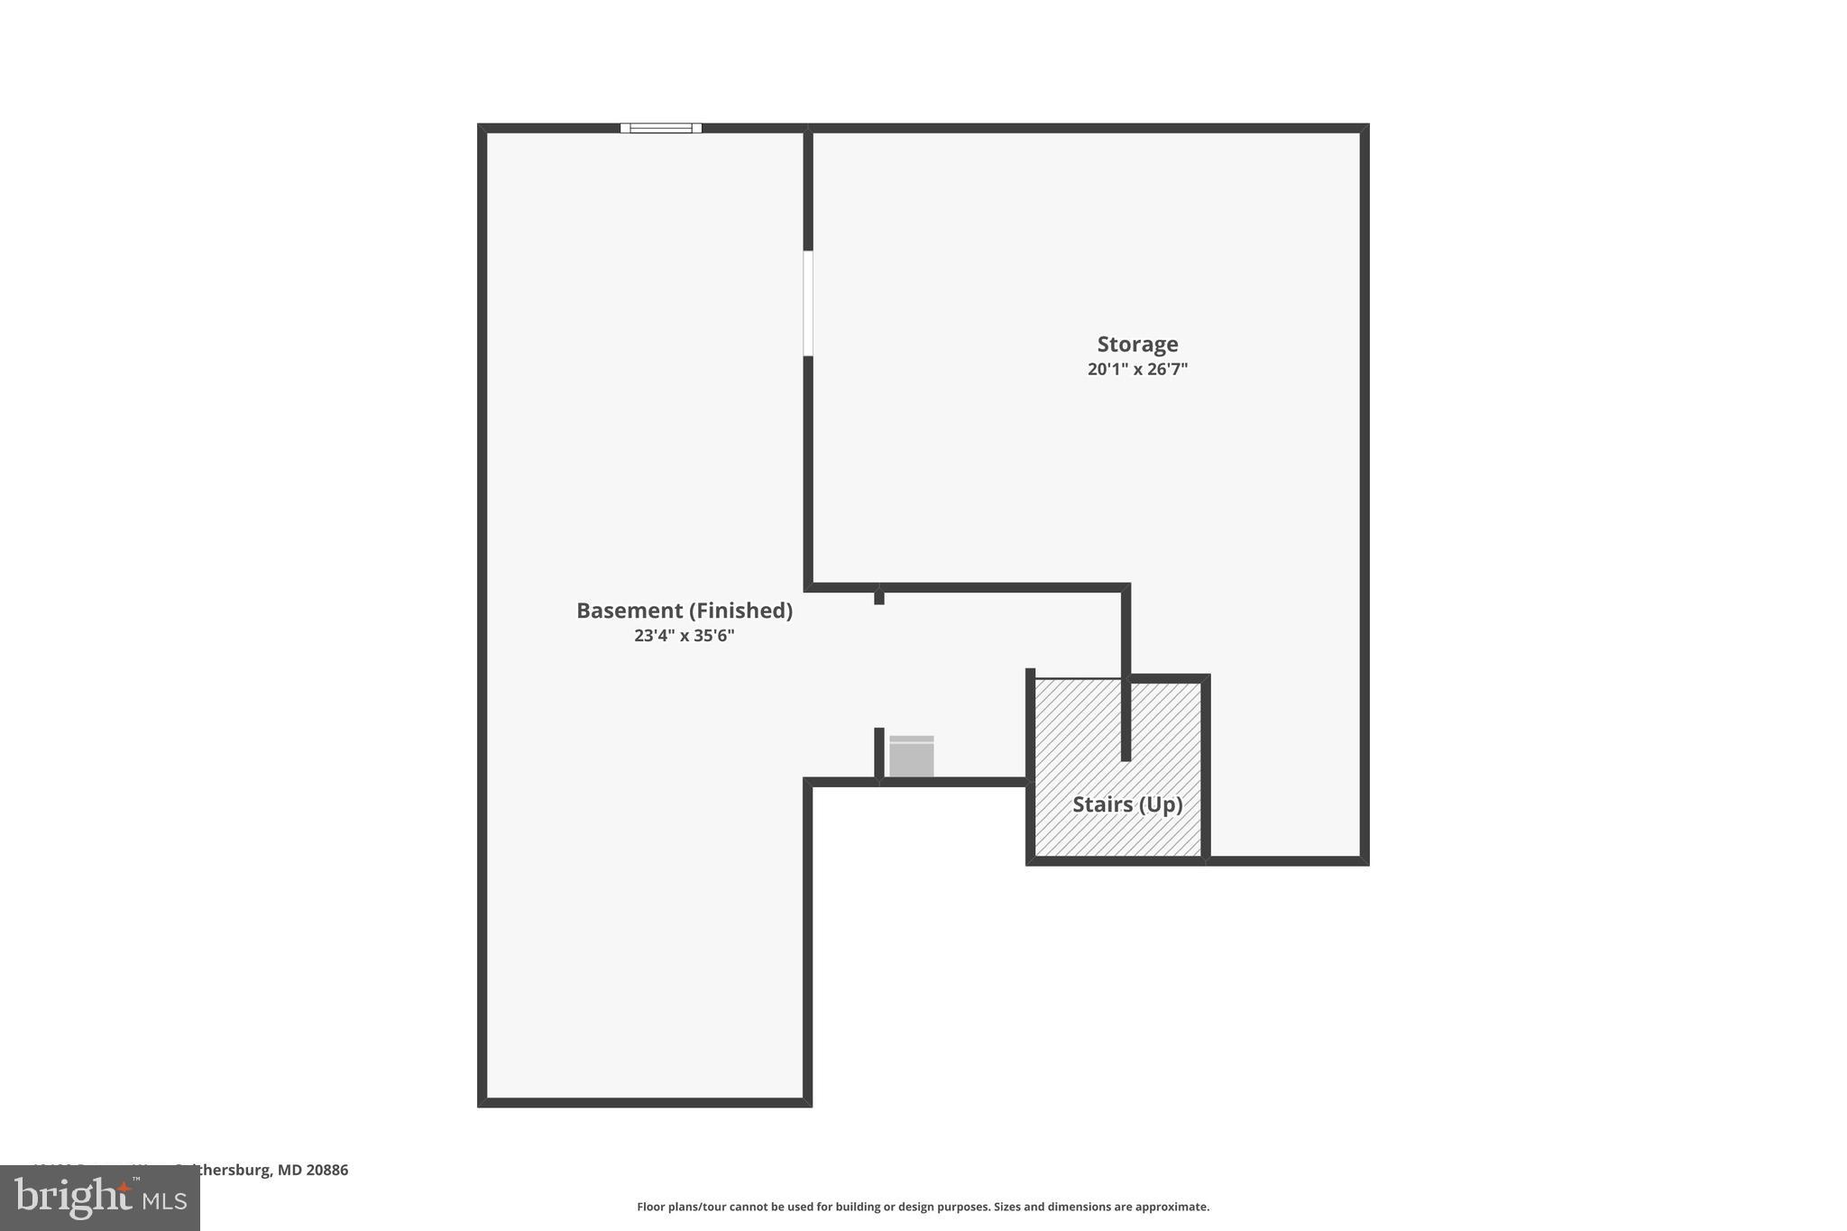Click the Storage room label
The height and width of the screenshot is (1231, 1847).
(1137, 344)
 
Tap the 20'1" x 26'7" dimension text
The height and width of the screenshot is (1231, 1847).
(1137, 369)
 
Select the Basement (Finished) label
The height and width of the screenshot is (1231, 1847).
(684, 611)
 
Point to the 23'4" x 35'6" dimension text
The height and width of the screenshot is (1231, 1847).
(684, 636)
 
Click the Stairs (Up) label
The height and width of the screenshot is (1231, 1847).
(1127, 804)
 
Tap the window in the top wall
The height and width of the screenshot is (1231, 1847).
(660, 128)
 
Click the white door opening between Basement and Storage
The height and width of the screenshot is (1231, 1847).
(808, 303)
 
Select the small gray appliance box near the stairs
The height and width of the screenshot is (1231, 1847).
(911, 757)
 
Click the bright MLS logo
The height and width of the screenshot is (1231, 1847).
(99, 1198)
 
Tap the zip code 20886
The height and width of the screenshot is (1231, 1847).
(326, 1171)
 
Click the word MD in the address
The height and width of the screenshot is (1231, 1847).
(289, 1171)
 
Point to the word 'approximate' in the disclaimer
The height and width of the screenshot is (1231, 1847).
(1171, 1207)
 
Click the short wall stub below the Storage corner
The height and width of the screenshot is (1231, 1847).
(879, 597)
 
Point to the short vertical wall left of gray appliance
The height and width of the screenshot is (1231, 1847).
(879, 752)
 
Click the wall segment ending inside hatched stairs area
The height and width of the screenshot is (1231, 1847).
(1126, 721)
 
